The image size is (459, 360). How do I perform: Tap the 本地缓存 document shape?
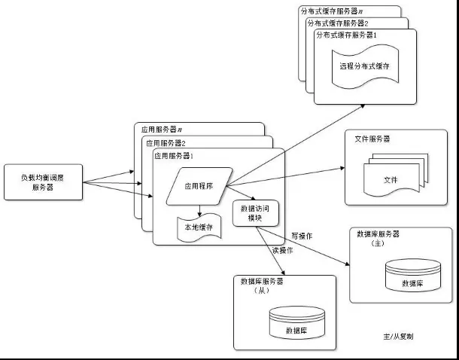(x=199, y=227)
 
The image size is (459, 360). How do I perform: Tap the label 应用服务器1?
(x=174, y=156)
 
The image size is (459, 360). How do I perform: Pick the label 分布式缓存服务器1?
(x=346, y=35)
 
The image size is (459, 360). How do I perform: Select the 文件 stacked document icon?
(x=390, y=178)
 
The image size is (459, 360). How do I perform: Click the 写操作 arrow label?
(x=301, y=236)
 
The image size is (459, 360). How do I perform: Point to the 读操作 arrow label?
(x=282, y=251)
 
